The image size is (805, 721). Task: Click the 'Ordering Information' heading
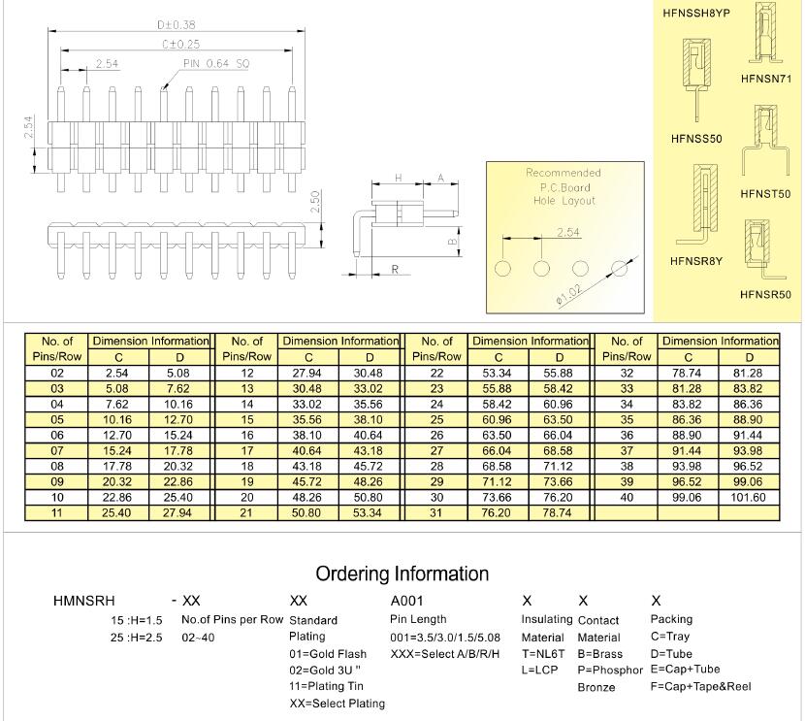(x=402, y=574)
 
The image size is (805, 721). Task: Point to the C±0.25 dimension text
(x=175, y=44)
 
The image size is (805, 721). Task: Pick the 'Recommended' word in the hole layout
(x=563, y=173)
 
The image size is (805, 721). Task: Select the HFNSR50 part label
(x=766, y=294)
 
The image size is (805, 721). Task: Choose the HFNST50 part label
(x=766, y=194)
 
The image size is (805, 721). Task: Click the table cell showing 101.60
(x=748, y=497)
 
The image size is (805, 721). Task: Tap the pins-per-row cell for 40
(x=626, y=497)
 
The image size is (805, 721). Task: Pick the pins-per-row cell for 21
(x=246, y=511)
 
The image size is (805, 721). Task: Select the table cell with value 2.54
(x=116, y=373)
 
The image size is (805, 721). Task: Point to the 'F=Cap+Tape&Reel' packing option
(x=701, y=687)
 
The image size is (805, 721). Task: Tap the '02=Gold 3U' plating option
(x=326, y=670)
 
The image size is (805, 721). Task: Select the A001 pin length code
(x=407, y=602)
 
